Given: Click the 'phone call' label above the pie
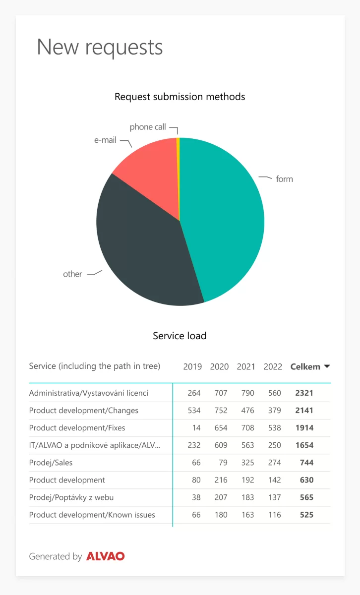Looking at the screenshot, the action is pos(148,127).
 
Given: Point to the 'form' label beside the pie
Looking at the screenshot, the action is pos(284,179).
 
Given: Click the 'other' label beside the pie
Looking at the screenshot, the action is pos(72,274).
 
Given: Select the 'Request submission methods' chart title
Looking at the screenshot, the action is pos(180,97).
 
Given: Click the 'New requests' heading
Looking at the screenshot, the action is pos(100,47).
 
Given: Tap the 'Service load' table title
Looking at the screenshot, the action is pos(180,336).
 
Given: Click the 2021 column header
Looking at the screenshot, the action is pos(246,366).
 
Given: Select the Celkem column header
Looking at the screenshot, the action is pos(305,366).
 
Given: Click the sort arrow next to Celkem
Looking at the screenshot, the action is pos(327,366).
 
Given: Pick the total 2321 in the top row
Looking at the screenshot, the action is pos(304,393).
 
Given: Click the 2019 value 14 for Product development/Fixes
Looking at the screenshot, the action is pos(196,427).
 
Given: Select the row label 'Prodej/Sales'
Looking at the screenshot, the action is pos(51,463).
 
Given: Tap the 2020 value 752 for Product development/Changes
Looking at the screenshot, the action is pos(221,411).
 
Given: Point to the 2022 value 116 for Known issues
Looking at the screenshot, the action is pos(274,515).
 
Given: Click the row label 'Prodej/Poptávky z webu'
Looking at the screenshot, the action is pos(71,497).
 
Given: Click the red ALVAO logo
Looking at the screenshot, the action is pos(105,556).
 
